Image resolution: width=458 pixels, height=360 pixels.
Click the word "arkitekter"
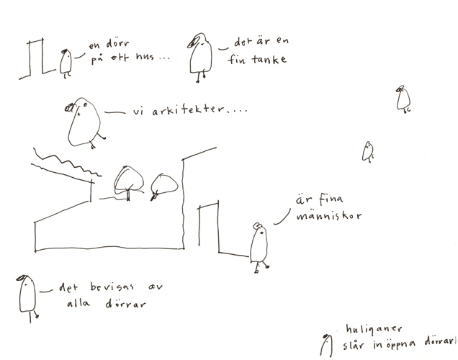click(x=188, y=110)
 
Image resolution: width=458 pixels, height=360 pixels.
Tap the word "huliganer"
click(x=374, y=330)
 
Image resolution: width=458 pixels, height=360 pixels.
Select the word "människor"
click(x=329, y=216)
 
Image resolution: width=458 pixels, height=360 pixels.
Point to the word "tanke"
click(x=269, y=59)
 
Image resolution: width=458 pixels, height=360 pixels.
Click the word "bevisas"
click(x=112, y=287)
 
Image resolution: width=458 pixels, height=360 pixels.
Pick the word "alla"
click(x=78, y=303)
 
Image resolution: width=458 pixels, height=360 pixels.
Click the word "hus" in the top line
click(x=145, y=56)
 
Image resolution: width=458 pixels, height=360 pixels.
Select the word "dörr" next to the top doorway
click(x=117, y=44)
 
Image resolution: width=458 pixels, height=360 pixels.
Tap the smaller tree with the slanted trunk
click(x=163, y=187)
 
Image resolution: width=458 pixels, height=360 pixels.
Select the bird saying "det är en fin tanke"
click(x=200, y=56)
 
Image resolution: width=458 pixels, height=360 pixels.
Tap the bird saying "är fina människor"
click(x=259, y=247)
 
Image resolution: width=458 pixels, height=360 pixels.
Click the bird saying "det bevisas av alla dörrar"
click(x=27, y=297)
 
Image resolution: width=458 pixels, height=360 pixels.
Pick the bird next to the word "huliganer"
click(x=326, y=346)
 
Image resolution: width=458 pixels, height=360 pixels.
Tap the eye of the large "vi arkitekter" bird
click(x=85, y=104)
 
